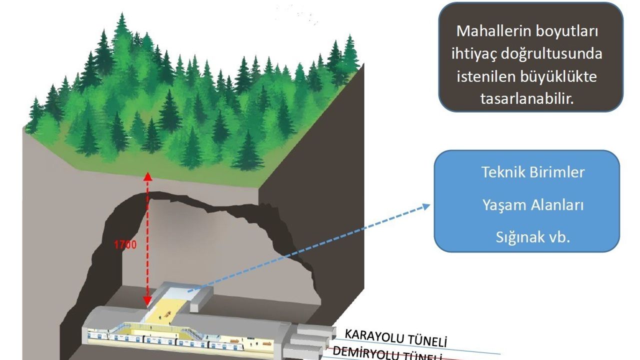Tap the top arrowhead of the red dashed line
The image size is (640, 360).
[147, 176]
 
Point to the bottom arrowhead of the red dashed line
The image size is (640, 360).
[147, 302]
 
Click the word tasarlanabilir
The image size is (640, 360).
[526, 98]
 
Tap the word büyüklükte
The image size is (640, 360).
[562, 76]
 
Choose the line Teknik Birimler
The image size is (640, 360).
[533, 172]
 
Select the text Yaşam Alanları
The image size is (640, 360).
[533, 205]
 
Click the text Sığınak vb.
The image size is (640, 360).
[533, 237]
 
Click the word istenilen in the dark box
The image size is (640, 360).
[486, 76]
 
